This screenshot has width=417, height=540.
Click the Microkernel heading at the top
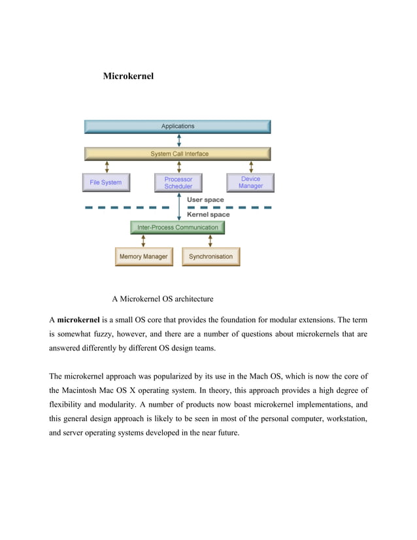[128, 77]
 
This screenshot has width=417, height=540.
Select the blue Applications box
[178, 126]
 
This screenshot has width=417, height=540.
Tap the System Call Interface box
[178, 154]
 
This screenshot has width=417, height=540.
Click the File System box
[105, 182]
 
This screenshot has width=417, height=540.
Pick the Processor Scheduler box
[178, 182]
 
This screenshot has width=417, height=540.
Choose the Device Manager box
[250, 182]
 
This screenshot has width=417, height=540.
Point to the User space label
[205, 200]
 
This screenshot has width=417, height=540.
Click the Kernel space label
[208, 214]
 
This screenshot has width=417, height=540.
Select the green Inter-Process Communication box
[178, 228]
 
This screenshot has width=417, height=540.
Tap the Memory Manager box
[143, 256]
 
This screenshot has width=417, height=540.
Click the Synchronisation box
[210, 256]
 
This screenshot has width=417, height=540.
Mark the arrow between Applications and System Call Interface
[178, 141]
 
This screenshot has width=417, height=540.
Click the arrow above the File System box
[106, 167]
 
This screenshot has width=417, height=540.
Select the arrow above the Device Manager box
[250, 167]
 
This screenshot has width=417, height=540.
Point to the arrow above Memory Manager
[143, 241]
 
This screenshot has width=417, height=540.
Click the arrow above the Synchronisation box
[210, 241]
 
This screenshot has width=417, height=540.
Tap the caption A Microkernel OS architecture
[162, 299]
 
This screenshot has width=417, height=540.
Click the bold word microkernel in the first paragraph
[78, 320]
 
